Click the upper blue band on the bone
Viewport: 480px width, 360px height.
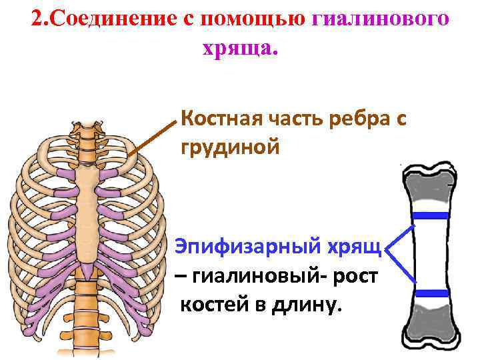click(429, 215)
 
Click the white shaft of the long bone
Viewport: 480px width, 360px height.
click(429, 253)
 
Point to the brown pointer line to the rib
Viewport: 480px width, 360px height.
click(153, 137)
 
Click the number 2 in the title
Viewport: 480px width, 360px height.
click(36, 19)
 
